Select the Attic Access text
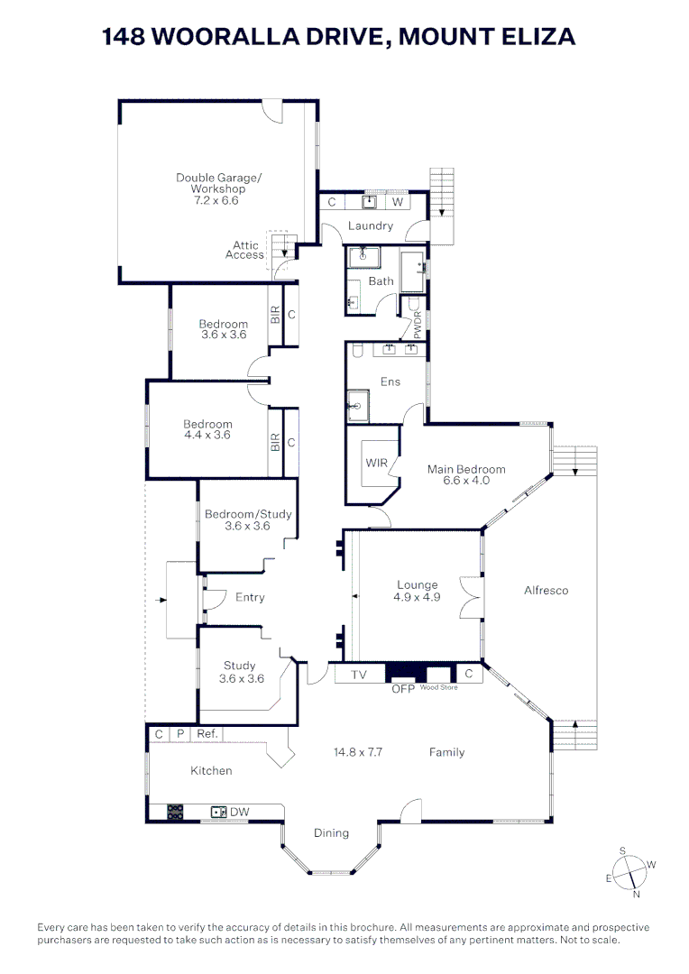(245, 250)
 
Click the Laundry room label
(371, 225)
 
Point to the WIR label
(376, 463)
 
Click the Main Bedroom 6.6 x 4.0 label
(466, 474)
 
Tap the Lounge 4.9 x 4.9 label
(417, 591)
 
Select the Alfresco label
(547, 591)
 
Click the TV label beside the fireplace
(358, 674)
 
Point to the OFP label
(402, 689)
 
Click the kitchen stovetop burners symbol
(175, 812)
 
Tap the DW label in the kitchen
(239, 813)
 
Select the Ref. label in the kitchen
(207, 734)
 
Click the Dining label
(331, 832)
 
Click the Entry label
(250, 597)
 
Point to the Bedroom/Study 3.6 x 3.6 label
(248, 519)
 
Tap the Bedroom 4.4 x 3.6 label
(207, 429)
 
